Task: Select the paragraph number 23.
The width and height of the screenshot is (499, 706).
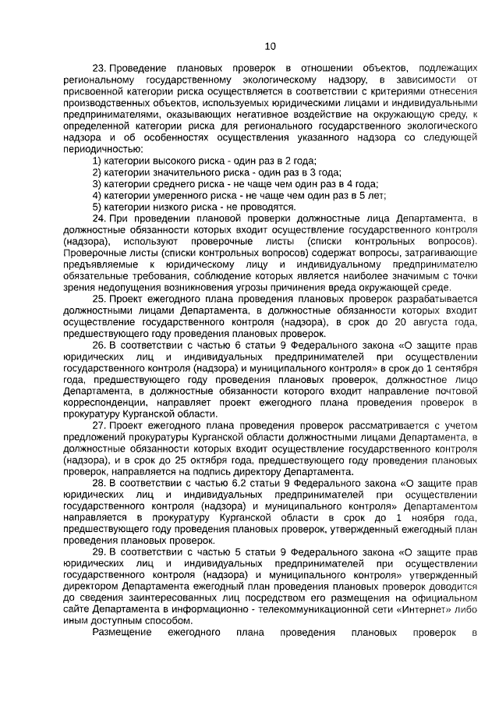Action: coord(98,69)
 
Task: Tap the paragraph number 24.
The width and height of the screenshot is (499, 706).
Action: coord(98,218)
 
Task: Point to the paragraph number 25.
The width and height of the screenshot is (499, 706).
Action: coord(98,299)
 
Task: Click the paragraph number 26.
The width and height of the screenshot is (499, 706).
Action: coord(98,345)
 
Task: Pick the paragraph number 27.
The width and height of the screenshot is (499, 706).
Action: coord(98,425)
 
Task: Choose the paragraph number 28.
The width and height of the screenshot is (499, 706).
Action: coord(98,483)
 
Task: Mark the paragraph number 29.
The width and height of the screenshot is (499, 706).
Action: coord(98,552)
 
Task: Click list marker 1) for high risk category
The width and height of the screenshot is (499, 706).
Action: coord(97,161)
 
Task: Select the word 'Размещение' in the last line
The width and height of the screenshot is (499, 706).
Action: coord(122,632)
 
